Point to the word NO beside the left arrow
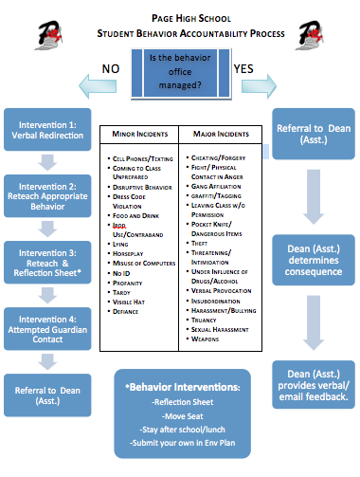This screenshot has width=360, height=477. [x=111, y=67]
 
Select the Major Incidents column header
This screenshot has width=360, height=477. [x=220, y=135]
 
